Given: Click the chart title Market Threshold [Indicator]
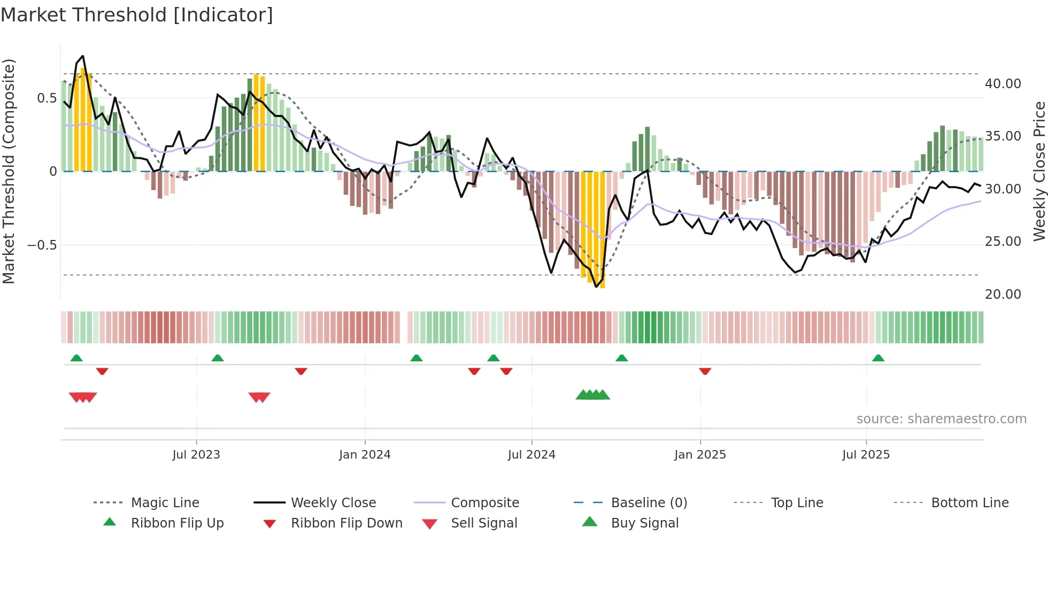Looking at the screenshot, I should click(x=137, y=15).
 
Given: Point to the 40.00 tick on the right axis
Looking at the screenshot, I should click(x=1003, y=84).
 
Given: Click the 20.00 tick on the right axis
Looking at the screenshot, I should click(x=1003, y=294).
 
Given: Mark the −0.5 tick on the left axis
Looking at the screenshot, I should click(x=42, y=245).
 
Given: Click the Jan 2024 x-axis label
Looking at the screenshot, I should click(x=365, y=455).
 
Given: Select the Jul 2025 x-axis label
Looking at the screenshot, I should click(x=866, y=455).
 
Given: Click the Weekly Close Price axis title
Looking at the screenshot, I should click(x=1039, y=171).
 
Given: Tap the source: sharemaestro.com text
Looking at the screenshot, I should click(x=941, y=419).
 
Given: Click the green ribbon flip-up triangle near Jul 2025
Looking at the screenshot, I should click(x=878, y=358).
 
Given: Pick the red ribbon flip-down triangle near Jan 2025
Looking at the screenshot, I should click(x=705, y=371).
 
